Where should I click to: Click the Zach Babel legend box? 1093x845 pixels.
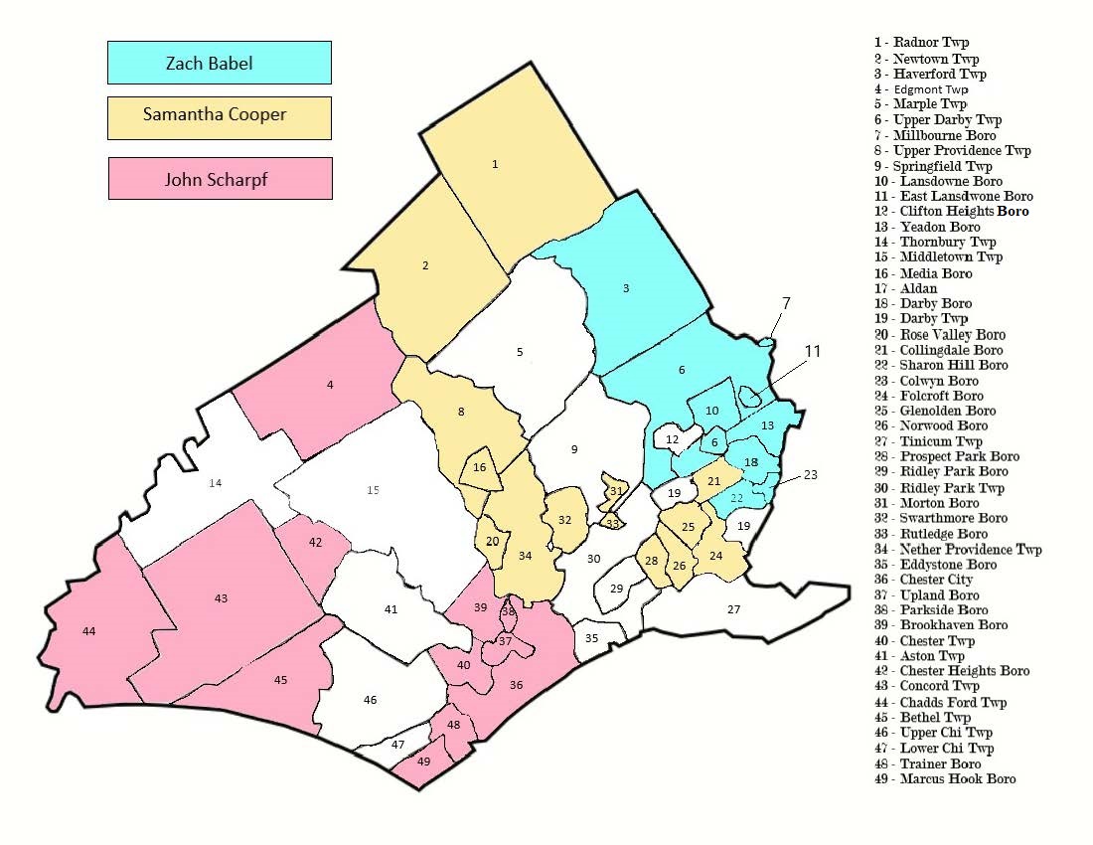(x=219, y=63)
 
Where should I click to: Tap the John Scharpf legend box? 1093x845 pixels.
(x=219, y=179)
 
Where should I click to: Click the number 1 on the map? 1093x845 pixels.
(x=495, y=164)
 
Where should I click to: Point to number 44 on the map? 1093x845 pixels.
(x=89, y=631)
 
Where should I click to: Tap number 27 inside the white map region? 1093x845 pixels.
(x=734, y=608)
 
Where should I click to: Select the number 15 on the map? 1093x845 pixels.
(x=373, y=489)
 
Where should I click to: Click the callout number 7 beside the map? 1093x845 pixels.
(x=785, y=301)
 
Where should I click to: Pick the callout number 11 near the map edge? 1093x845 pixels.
(x=813, y=351)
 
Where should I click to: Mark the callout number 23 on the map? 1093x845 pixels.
(x=811, y=474)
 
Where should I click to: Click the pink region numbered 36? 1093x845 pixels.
(x=516, y=684)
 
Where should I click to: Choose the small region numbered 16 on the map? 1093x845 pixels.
(x=480, y=467)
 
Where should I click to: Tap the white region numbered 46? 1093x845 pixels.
(x=370, y=700)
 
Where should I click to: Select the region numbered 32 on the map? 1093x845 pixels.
(x=564, y=520)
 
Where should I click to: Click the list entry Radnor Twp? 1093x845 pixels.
(x=921, y=43)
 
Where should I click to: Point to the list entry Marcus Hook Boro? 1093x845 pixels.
(x=944, y=778)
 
